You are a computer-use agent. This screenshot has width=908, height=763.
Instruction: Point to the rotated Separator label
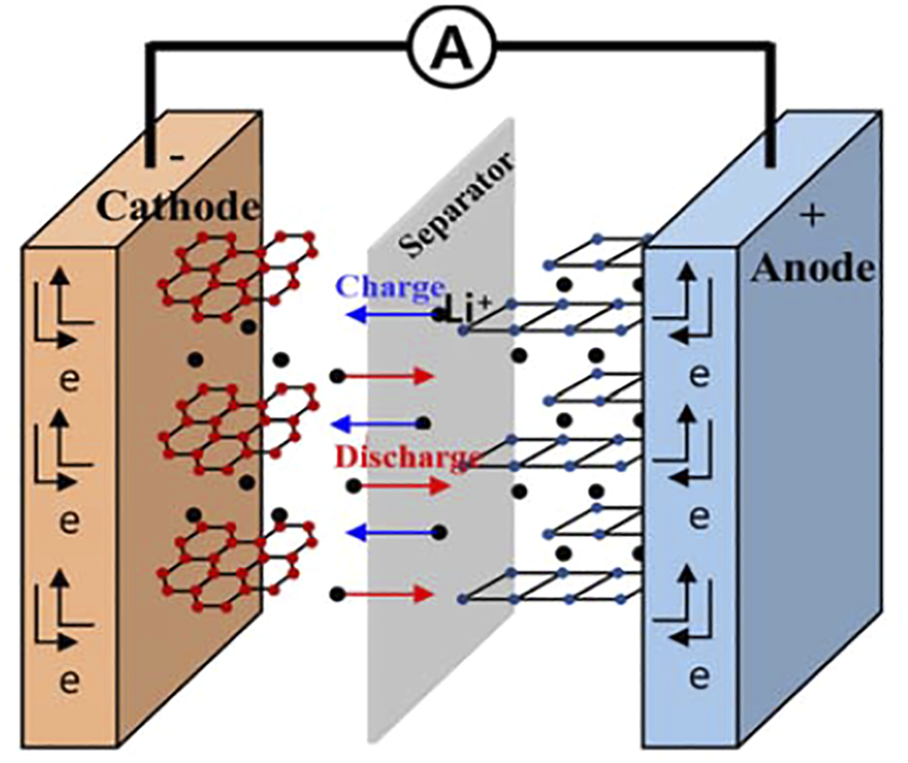tap(458, 205)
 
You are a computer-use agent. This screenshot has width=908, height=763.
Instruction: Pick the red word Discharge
tap(406, 456)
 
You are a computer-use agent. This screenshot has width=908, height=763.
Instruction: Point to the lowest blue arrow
tap(388, 533)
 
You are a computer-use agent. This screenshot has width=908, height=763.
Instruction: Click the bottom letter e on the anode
tap(699, 677)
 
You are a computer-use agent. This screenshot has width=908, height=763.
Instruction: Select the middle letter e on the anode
tap(699, 517)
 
